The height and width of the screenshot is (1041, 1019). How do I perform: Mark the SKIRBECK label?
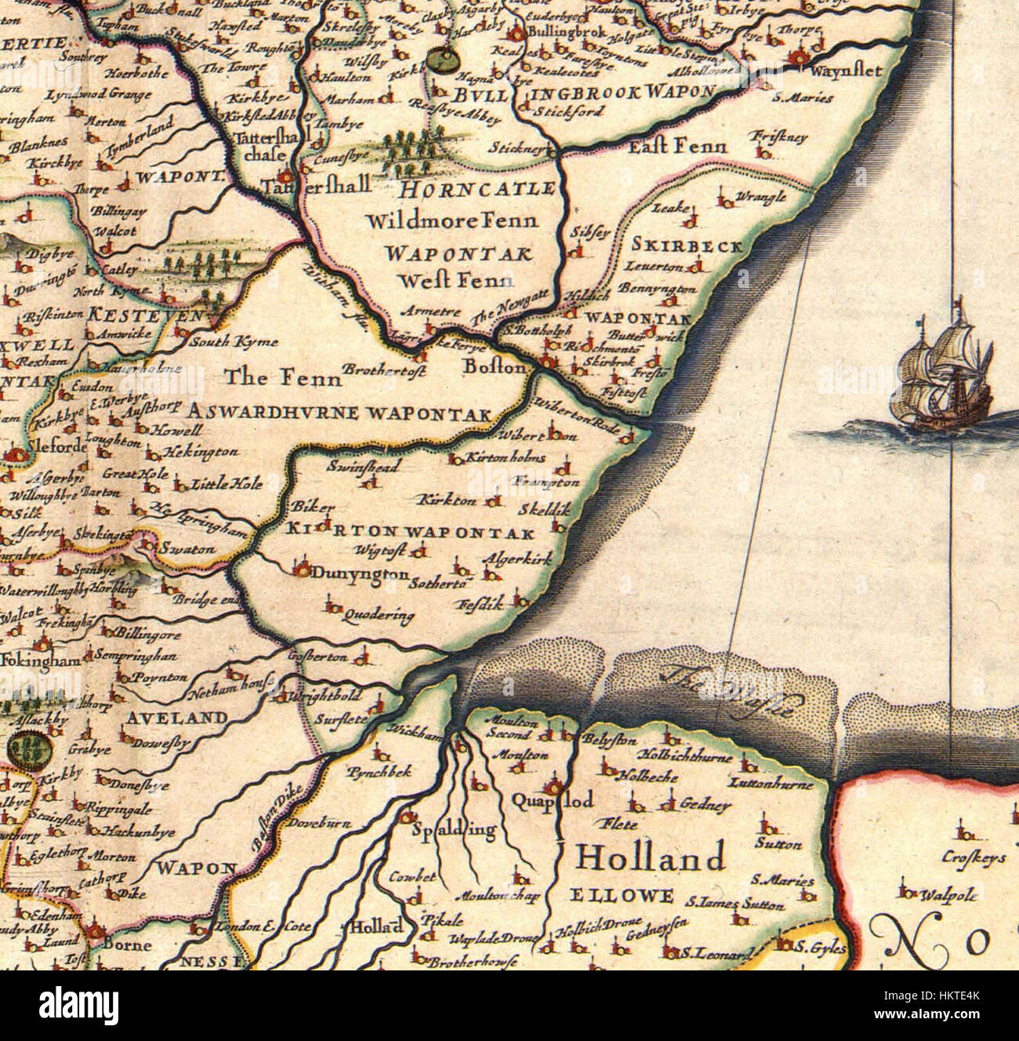(687, 246)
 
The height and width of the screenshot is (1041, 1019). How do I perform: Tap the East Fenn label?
(679, 146)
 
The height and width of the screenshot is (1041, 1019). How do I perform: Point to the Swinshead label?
(363, 467)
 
